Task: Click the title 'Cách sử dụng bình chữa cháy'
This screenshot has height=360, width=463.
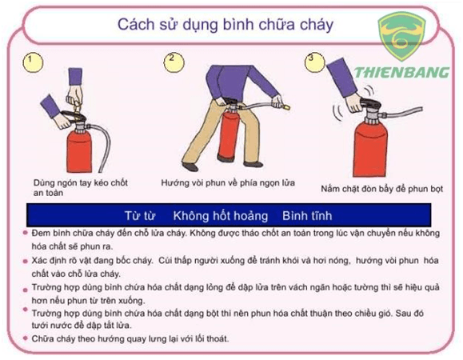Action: click(226, 25)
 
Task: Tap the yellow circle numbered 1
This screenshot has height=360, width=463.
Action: click(33, 63)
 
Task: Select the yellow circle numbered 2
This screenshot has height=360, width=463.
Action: click(174, 62)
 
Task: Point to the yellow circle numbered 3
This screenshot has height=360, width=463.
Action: click(315, 62)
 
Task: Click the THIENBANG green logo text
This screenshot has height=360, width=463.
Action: click(401, 72)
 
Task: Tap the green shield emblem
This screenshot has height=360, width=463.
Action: click(401, 36)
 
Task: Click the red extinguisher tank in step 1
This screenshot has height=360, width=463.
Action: click(79, 151)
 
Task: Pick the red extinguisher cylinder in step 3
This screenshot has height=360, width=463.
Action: click(370, 149)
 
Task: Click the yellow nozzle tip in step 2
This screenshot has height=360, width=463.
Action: click(286, 106)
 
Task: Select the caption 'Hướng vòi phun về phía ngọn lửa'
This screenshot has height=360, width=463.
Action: click(228, 183)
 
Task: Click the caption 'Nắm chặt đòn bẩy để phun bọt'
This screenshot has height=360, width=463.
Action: click(382, 189)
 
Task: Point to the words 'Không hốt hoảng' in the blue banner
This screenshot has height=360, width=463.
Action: click(220, 216)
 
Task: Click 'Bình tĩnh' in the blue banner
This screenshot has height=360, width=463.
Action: click(307, 216)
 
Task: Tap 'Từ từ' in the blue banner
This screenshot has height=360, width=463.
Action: click(140, 216)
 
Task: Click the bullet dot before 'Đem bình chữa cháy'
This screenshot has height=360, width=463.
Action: click(25, 233)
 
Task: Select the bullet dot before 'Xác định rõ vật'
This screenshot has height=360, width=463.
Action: click(25, 262)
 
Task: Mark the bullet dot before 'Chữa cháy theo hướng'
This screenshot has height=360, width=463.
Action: click(25, 338)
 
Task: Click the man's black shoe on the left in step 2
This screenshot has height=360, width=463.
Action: click(190, 167)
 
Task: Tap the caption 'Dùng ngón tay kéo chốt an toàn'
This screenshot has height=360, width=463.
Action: click(81, 187)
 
